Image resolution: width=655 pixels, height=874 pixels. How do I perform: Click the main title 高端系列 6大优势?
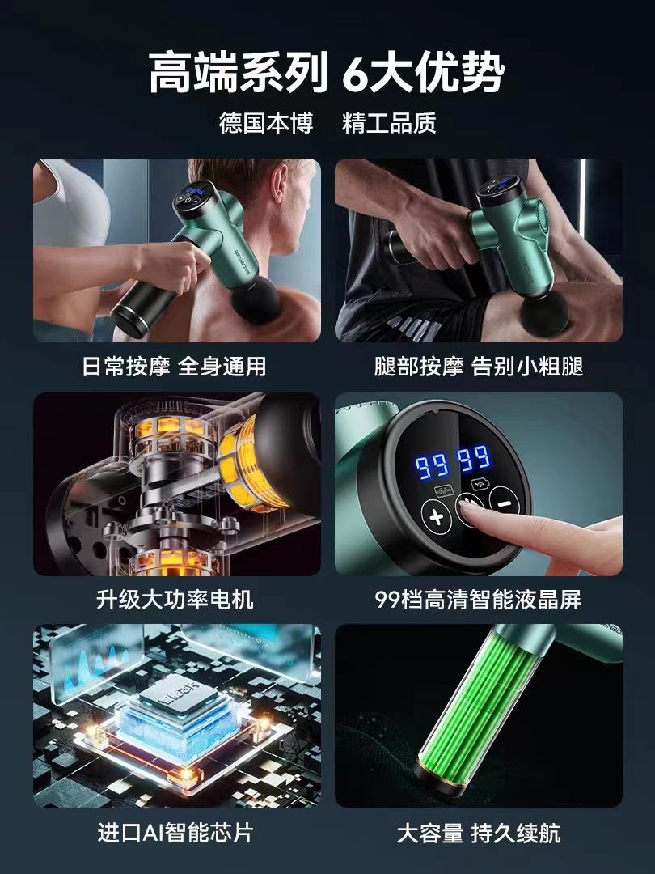(x=327, y=73)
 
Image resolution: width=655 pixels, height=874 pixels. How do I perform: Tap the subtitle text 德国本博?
(x=266, y=123)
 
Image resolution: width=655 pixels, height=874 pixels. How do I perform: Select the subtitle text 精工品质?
(x=389, y=123)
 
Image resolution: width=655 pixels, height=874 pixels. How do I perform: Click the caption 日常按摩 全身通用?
(x=175, y=367)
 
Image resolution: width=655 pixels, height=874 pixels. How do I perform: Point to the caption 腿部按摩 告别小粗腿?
(x=479, y=367)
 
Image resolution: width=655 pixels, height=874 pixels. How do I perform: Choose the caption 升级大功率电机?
(x=175, y=600)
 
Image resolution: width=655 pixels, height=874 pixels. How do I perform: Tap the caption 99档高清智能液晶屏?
(x=478, y=600)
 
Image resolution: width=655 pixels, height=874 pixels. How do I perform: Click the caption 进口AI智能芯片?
(x=175, y=833)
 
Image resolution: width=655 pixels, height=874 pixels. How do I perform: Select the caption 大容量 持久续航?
(x=479, y=833)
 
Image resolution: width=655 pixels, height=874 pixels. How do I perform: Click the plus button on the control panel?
(x=436, y=516)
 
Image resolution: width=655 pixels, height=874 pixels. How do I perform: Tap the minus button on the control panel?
(x=504, y=503)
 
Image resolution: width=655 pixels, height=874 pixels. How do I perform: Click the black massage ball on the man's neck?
(x=256, y=304)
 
